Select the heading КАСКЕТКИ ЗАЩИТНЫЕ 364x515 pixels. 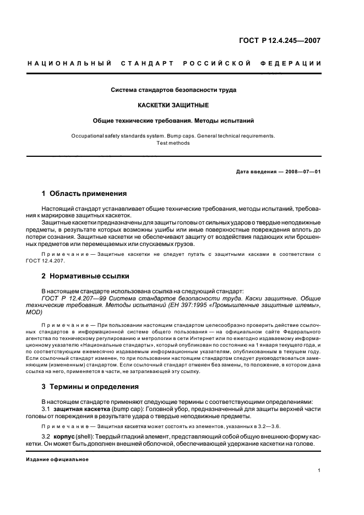(173, 104)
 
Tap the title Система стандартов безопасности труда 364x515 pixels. (173, 89)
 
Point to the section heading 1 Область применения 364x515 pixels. (84, 194)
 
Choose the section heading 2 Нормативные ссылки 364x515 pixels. (85, 276)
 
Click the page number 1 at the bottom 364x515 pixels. (319, 470)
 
